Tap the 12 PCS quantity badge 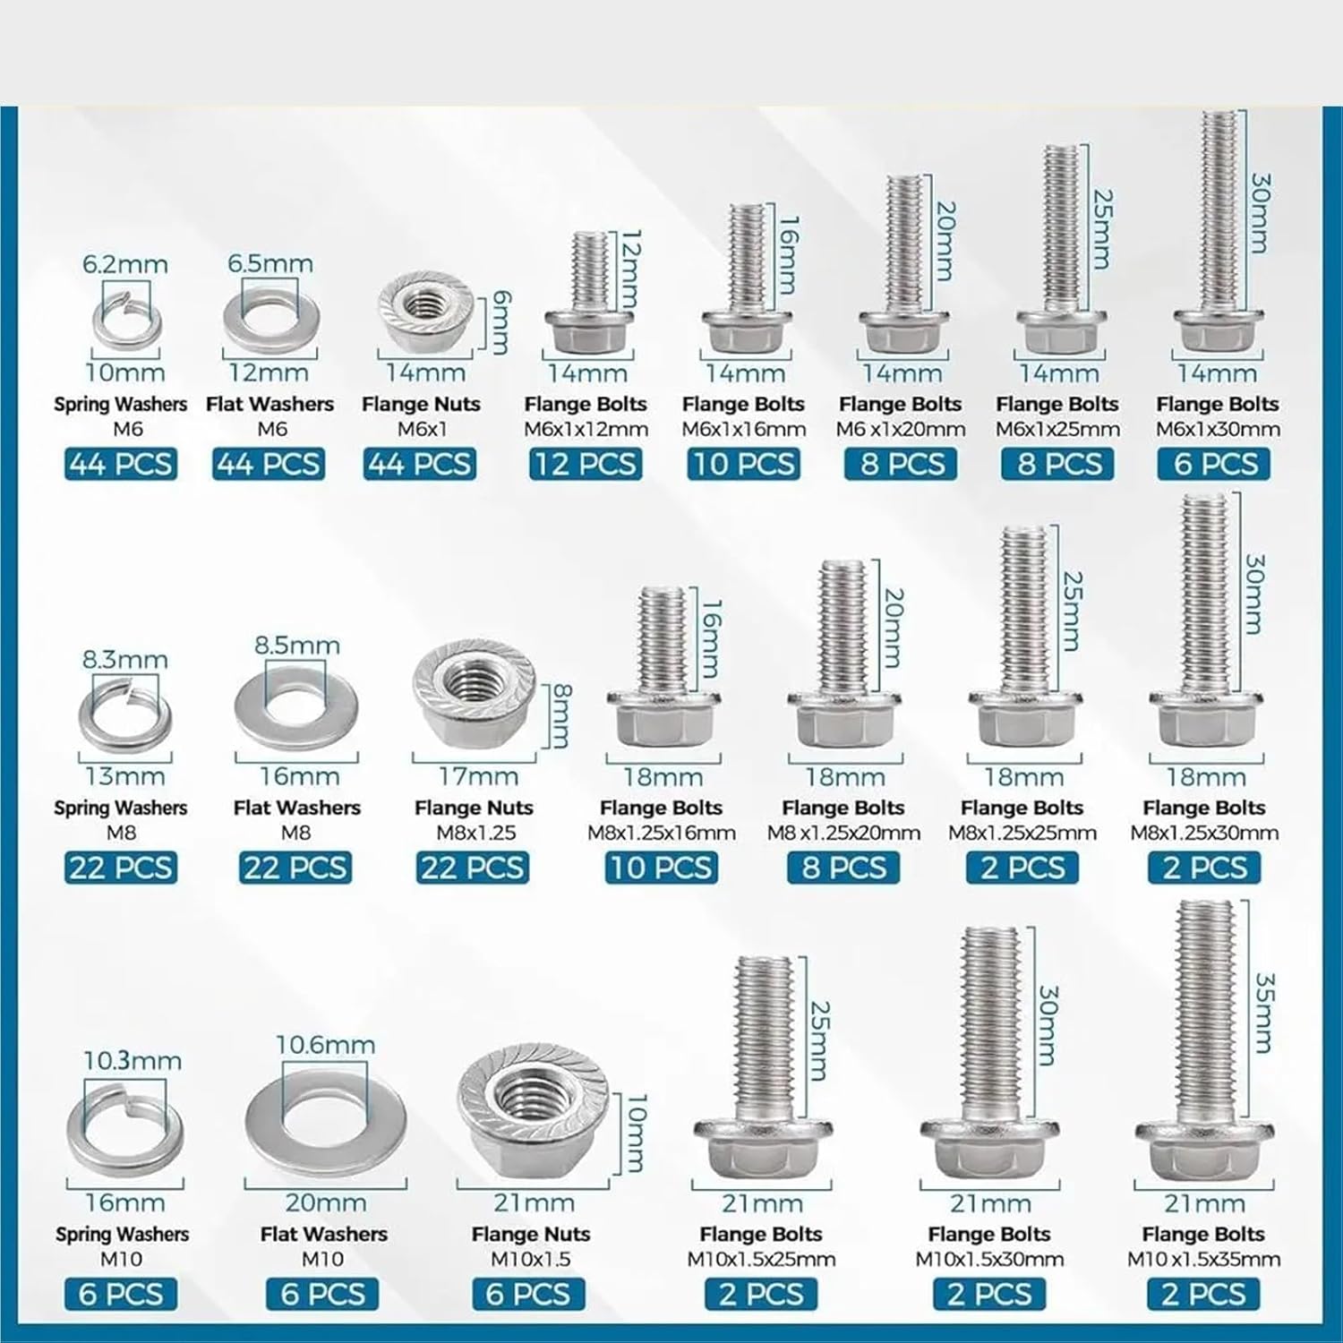585,464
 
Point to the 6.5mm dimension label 269,264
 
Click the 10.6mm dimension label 325,1045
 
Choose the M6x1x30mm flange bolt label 1218,430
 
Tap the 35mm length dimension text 1262,1014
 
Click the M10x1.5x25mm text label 761,1260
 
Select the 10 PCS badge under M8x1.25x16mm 661,868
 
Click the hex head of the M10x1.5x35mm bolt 1205,1149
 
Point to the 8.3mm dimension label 125,661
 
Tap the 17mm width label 478,776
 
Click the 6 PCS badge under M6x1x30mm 1215,464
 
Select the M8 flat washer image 296,711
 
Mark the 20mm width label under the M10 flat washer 325,1202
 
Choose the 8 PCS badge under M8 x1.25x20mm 843,868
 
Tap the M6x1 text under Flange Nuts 422,430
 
